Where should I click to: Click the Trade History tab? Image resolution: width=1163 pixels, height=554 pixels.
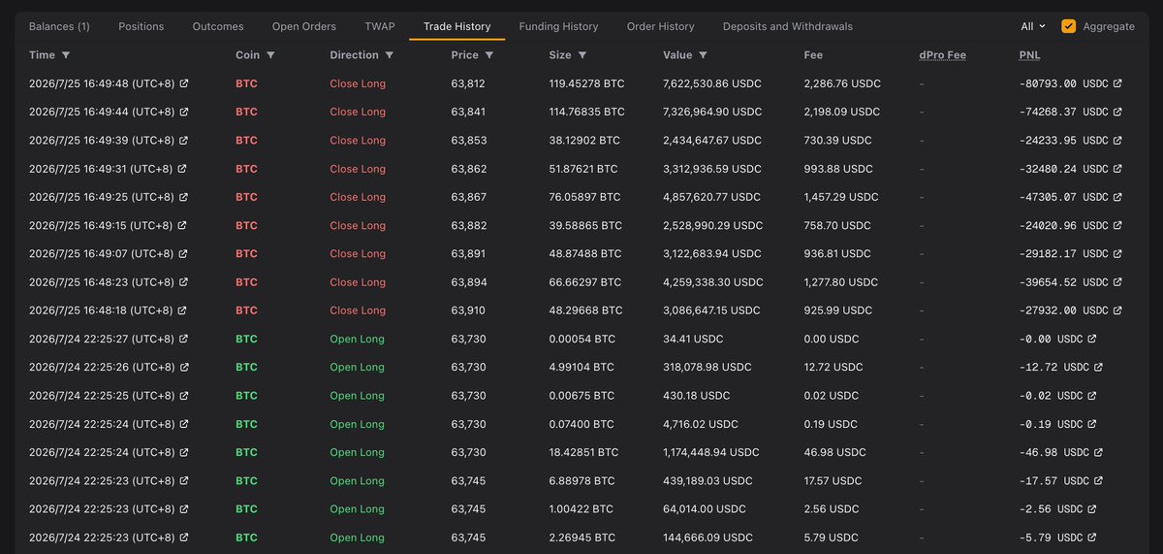click(456, 26)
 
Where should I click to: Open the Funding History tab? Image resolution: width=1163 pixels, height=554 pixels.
click(558, 26)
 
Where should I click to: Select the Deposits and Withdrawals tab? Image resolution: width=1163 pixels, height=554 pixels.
click(788, 26)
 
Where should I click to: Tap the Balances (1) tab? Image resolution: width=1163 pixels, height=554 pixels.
click(59, 26)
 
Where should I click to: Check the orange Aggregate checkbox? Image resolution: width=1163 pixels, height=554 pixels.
click(1068, 26)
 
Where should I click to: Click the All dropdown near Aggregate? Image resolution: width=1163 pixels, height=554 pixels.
click(1033, 26)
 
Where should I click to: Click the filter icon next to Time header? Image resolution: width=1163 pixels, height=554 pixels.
click(66, 55)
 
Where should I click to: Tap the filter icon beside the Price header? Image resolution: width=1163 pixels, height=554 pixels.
click(489, 55)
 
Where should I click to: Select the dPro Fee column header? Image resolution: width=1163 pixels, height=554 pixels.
click(942, 55)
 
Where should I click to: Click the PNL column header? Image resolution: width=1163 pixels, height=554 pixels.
click(1029, 55)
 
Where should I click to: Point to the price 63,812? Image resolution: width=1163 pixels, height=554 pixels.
click(468, 83)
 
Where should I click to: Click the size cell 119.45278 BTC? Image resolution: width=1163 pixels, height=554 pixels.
click(586, 83)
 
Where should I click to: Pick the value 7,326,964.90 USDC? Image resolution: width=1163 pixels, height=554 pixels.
click(712, 112)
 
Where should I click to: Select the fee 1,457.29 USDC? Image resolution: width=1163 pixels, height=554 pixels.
click(841, 197)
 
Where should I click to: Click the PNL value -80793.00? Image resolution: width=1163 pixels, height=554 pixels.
click(1048, 83)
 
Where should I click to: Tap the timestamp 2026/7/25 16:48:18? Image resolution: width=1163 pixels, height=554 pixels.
click(79, 310)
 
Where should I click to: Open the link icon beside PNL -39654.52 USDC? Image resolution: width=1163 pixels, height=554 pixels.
click(1117, 281)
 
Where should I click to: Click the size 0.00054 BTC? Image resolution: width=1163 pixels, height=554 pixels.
click(582, 339)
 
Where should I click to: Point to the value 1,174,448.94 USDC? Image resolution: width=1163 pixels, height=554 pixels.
click(710, 452)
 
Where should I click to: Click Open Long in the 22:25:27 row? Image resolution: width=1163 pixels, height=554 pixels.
click(358, 339)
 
